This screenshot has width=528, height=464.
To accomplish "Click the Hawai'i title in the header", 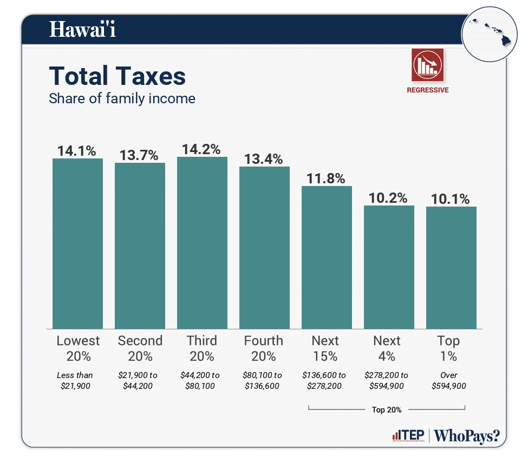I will [x=82, y=29].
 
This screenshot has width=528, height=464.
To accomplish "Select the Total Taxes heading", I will [x=118, y=76].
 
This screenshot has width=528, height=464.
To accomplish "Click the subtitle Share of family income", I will [x=122, y=99].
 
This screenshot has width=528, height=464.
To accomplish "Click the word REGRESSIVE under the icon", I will [x=427, y=90].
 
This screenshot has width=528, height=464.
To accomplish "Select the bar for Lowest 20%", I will [x=77, y=243].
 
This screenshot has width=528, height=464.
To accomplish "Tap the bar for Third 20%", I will [x=202, y=243].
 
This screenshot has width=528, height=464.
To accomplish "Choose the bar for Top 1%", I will [x=451, y=268].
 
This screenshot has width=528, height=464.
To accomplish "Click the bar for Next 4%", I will [x=389, y=267].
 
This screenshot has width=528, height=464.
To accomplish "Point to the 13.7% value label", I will [x=139, y=155].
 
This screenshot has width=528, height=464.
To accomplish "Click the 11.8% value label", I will [x=327, y=178].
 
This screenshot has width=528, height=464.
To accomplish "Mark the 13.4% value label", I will [x=264, y=159].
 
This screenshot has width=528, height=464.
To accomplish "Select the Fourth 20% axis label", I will [x=264, y=348].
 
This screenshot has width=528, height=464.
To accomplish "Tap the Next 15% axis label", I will [x=325, y=348].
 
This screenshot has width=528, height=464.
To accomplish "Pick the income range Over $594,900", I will [x=449, y=381].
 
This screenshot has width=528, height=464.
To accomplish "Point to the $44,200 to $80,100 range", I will [x=200, y=381].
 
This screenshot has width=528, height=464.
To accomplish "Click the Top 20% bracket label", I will [x=387, y=410].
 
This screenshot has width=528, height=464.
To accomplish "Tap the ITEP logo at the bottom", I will [x=408, y=436].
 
